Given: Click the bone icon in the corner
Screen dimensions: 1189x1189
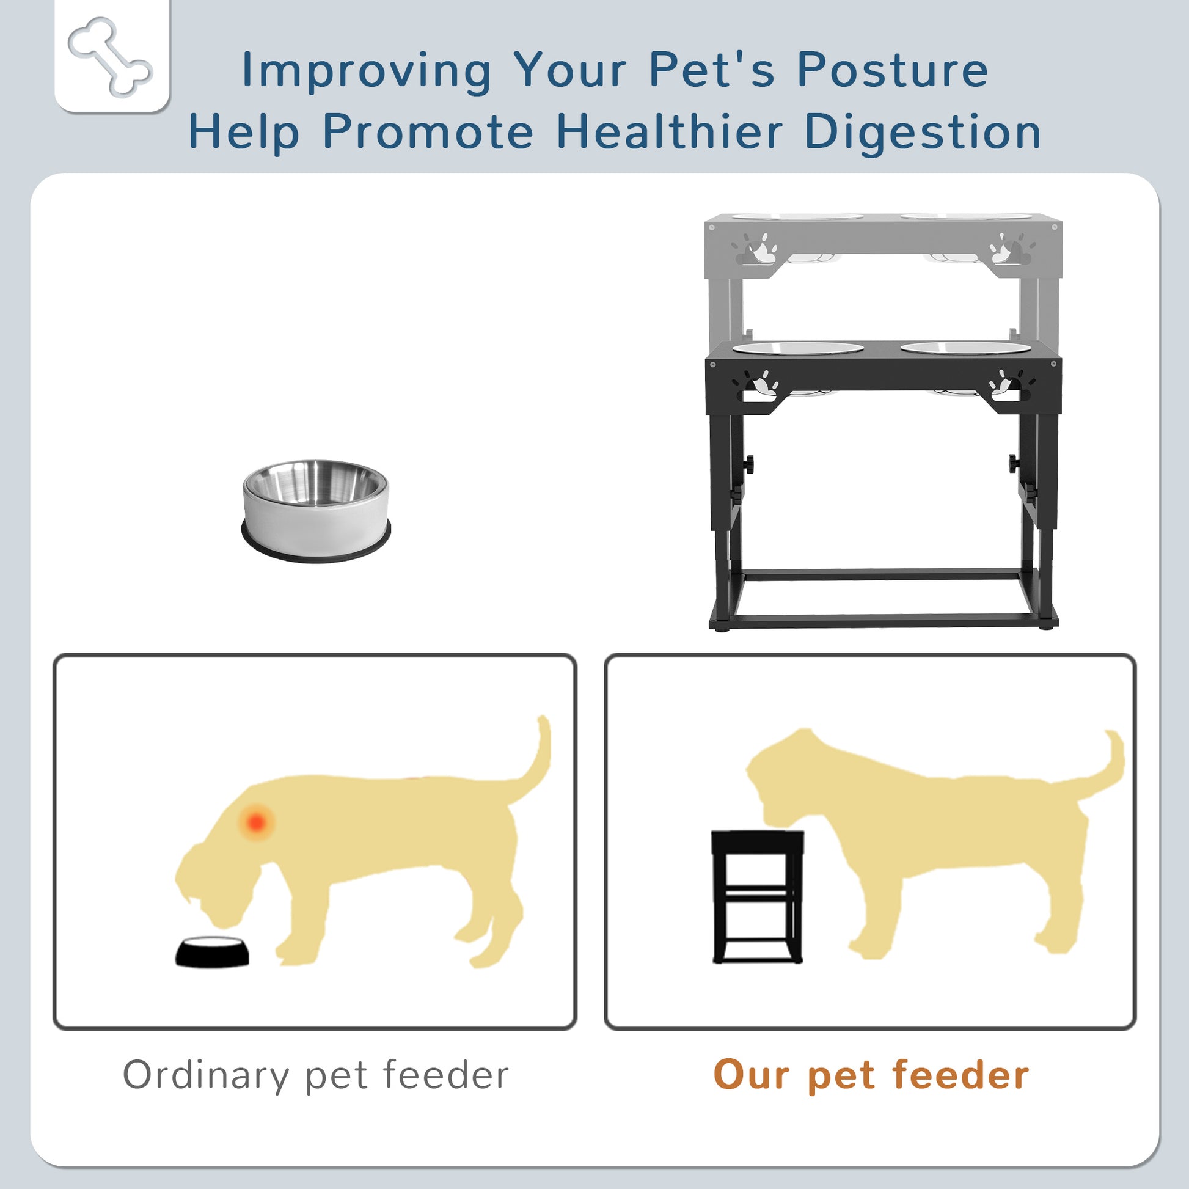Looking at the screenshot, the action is [110, 57].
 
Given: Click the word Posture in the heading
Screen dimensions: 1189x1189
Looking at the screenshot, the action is [893, 70].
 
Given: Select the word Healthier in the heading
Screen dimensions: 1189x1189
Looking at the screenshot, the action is [669, 131].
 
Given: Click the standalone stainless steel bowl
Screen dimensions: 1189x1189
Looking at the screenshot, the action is [316, 511].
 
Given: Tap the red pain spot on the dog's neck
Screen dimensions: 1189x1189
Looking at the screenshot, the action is [256, 822].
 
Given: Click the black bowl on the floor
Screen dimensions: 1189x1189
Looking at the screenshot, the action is [213, 951].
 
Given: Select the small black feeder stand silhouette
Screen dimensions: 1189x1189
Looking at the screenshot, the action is [757, 897].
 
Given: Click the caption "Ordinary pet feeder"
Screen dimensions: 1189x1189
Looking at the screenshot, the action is [316, 1075].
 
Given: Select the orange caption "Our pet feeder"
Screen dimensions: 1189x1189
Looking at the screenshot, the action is [871, 1075].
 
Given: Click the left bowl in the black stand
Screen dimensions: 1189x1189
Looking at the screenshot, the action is [798, 348].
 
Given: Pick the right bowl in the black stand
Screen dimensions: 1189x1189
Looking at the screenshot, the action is [965, 348].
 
